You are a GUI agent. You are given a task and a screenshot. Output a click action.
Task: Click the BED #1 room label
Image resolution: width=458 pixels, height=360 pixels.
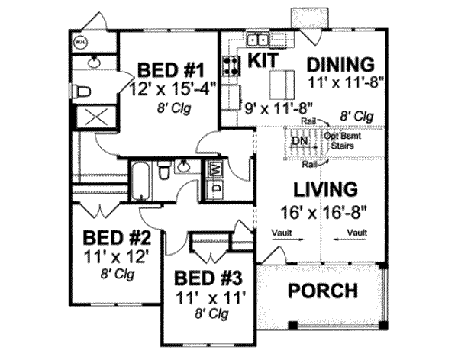click(169, 70)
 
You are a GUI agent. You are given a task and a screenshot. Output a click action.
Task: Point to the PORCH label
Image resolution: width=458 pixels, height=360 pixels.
click(322, 291)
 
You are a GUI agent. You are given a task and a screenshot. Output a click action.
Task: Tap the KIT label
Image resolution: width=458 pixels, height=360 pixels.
click(262, 58)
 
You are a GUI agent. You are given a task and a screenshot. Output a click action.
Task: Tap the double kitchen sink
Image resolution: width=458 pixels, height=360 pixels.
click(257, 40)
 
